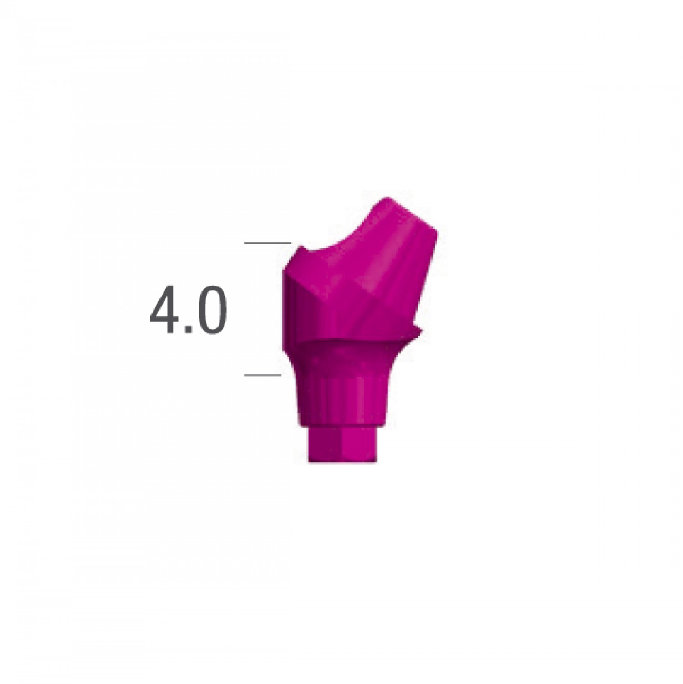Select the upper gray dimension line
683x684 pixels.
(267, 243)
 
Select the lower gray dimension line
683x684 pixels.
(263, 375)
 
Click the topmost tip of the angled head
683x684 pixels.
(387, 199)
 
